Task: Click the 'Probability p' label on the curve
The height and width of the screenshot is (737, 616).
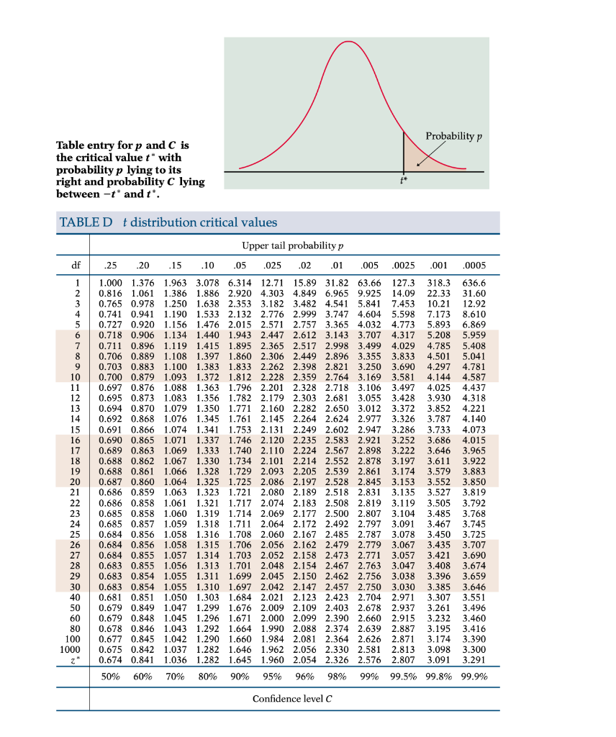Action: pyautogui.click(x=453, y=137)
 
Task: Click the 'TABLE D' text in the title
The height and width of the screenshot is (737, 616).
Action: pyautogui.click(x=85, y=222)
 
